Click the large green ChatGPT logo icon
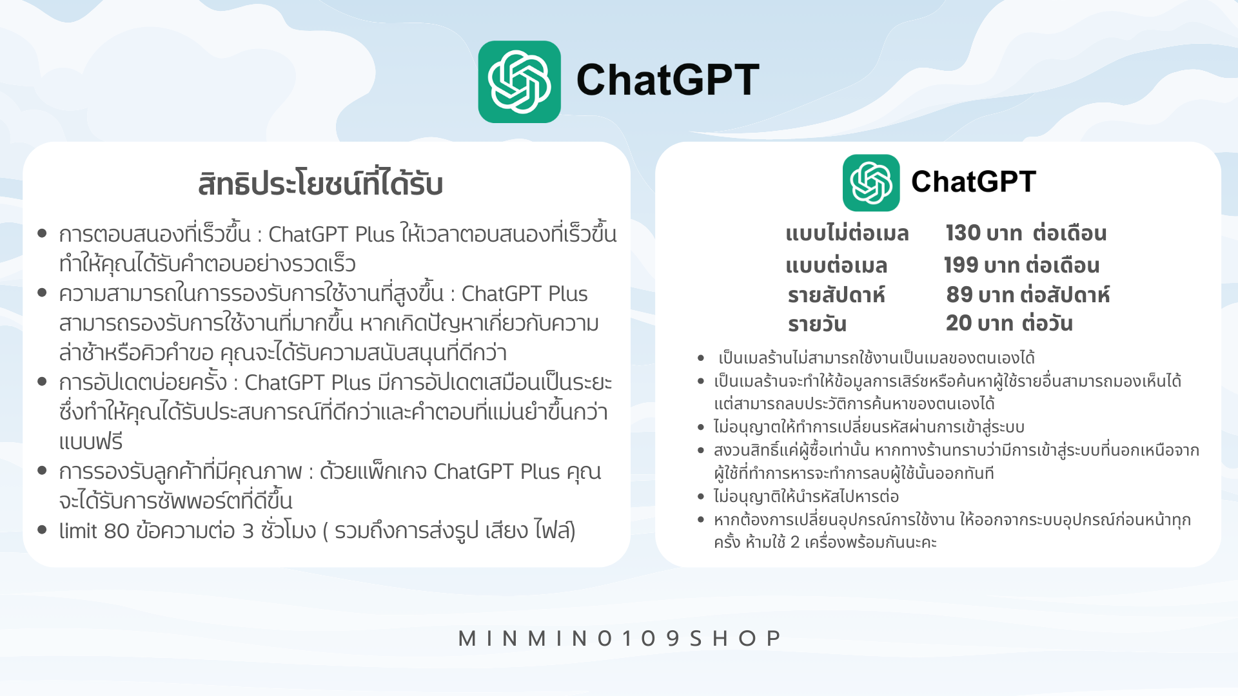pyautogui.click(x=519, y=82)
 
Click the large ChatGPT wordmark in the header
pyautogui.click(x=667, y=81)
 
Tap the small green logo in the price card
pyautogui.click(x=871, y=182)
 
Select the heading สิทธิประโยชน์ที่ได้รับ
pyautogui.click(x=320, y=183)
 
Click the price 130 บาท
pyautogui.click(x=983, y=233)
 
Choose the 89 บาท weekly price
pyautogui.click(x=981, y=295)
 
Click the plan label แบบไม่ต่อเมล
pyautogui.click(x=847, y=233)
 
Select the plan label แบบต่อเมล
pyautogui.click(x=836, y=265)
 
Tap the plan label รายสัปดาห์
pyautogui.click(x=836, y=295)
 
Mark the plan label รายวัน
pyautogui.click(x=817, y=324)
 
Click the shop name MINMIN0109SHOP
pyautogui.click(x=619, y=638)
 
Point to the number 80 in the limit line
pyautogui.click(x=117, y=531)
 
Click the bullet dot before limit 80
pyautogui.click(x=43, y=530)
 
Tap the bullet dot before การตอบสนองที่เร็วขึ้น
pyautogui.click(x=43, y=233)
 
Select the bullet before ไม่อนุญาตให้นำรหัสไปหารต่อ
pyautogui.click(x=701, y=496)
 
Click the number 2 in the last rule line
pyautogui.click(x=795, y=543)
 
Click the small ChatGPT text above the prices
pyautogui.click(x=974, y=182)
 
